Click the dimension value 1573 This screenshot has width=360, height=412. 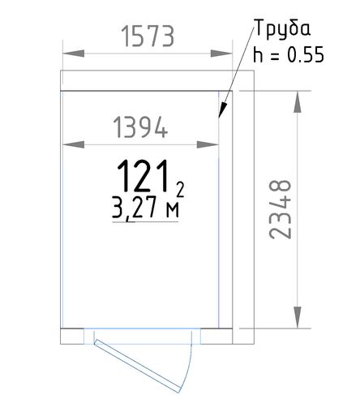click(x=148, y=36)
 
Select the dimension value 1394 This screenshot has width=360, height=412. click(x=140, y=127)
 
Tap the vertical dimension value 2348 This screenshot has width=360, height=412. click(x=281, y=209)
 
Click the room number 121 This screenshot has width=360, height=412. click(x=144, y=176)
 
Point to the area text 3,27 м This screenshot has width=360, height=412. click(x=145, y=208)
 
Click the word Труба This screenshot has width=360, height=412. click(x=283, y=28)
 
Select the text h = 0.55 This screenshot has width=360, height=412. click(x=289, y=54)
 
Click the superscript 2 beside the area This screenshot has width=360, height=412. click(x=180, y=189)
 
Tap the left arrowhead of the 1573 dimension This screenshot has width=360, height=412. click(x=73, y=54)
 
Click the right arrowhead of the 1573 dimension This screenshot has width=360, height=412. click(x=221, y=54)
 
